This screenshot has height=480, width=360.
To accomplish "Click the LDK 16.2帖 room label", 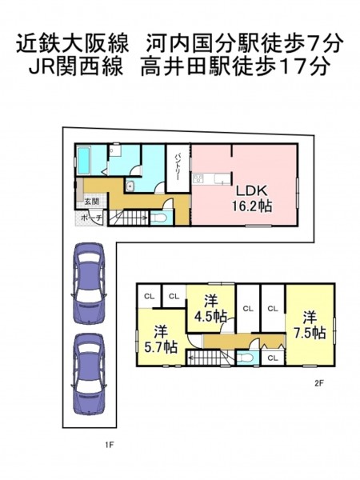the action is pos(252,198).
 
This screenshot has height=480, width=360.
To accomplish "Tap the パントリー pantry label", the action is pos(178,167).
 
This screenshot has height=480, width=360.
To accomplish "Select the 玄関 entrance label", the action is pos(91,202).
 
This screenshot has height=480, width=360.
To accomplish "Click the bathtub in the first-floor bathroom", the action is pos(84,160).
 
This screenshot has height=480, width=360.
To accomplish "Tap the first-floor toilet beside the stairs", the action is pos(158,218).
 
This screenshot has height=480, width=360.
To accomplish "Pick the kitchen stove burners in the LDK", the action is pos(198,178).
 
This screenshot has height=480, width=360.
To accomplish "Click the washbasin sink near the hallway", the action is pos(130,186).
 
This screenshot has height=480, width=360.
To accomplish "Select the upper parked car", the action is pos(89,282).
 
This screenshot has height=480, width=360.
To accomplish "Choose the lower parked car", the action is pos(89,373).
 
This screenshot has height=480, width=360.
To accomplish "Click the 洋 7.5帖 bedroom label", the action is pos(310,326).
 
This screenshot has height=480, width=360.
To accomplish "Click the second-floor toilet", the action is pos(245,358).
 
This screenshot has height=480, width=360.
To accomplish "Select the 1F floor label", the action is pos(110,445).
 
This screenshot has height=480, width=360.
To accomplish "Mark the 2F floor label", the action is pos(319,383).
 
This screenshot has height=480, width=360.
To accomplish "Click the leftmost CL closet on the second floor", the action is pos(149,296).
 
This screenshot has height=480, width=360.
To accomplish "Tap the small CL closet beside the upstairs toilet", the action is pos(273,358).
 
